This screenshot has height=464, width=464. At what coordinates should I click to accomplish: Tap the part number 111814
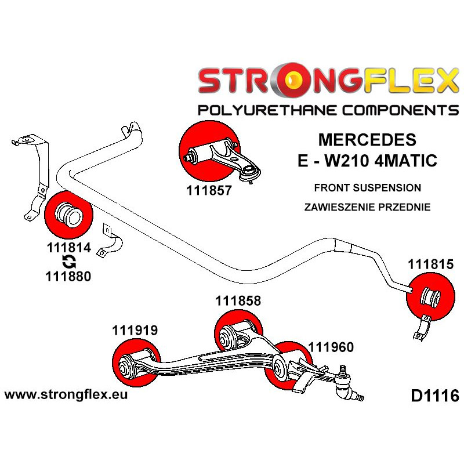(x=68, y=248)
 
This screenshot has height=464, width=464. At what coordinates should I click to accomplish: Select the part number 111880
(x=68, y=277)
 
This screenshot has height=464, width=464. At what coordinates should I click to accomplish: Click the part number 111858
(x=238, y=301)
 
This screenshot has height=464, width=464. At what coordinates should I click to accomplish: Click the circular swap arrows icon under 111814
(x=68, y=262)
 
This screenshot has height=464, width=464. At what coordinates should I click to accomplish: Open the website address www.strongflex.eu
(x=66, y=395)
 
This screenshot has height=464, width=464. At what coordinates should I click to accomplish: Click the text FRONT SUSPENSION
(x=367, y=188)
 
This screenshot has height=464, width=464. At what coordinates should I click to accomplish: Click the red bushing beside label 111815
(x=430, y=296)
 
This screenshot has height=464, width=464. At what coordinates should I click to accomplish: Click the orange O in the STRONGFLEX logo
(x=288, y=81)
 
